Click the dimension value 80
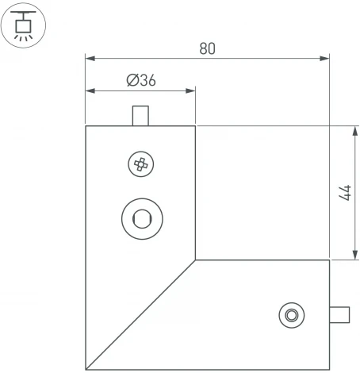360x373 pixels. pos(207,48)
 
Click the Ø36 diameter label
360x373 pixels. pos(140,81)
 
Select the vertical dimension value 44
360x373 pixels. pos(344,193)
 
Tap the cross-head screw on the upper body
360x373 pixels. pos(140,165)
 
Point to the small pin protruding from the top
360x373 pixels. pos(140,116)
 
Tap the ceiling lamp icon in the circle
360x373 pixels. pos(25,24)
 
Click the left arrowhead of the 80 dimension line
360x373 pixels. pos(90,58)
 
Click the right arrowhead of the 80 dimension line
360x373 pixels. pos(325,58)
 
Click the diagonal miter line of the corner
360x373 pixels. pos(140,314)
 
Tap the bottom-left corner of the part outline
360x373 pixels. pos(86,369)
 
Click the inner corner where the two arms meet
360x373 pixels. pos(195,260)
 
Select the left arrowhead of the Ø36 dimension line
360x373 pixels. pos(90,90)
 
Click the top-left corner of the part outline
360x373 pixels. pos(86,125)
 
